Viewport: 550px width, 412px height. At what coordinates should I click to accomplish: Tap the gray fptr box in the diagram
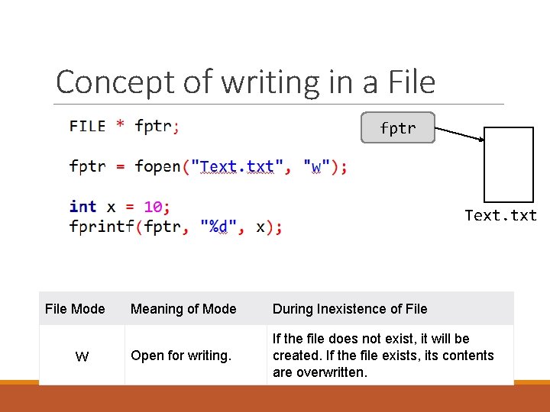click(x=398, y=128)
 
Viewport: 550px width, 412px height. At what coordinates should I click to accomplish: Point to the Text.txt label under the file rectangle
click(x=501, y=216)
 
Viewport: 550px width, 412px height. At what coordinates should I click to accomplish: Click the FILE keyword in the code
click(x=87, y=126)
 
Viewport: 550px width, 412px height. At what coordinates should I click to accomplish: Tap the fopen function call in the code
click(x=157, y=166)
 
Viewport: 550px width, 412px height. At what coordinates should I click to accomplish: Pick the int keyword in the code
click(x=82, y=207)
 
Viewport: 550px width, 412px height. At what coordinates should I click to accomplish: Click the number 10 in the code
click(x=153, y=207)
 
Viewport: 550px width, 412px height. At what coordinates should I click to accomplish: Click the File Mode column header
click(x=75, y=309)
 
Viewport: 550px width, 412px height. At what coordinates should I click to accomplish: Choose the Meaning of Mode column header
click(x=183, y=309)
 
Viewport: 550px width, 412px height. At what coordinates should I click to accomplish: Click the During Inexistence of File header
click(x=350, y=309)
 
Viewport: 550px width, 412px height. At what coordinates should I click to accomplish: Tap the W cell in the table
click(x=82, y=356)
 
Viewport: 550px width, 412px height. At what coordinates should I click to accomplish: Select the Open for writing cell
click(x=181, y=356)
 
